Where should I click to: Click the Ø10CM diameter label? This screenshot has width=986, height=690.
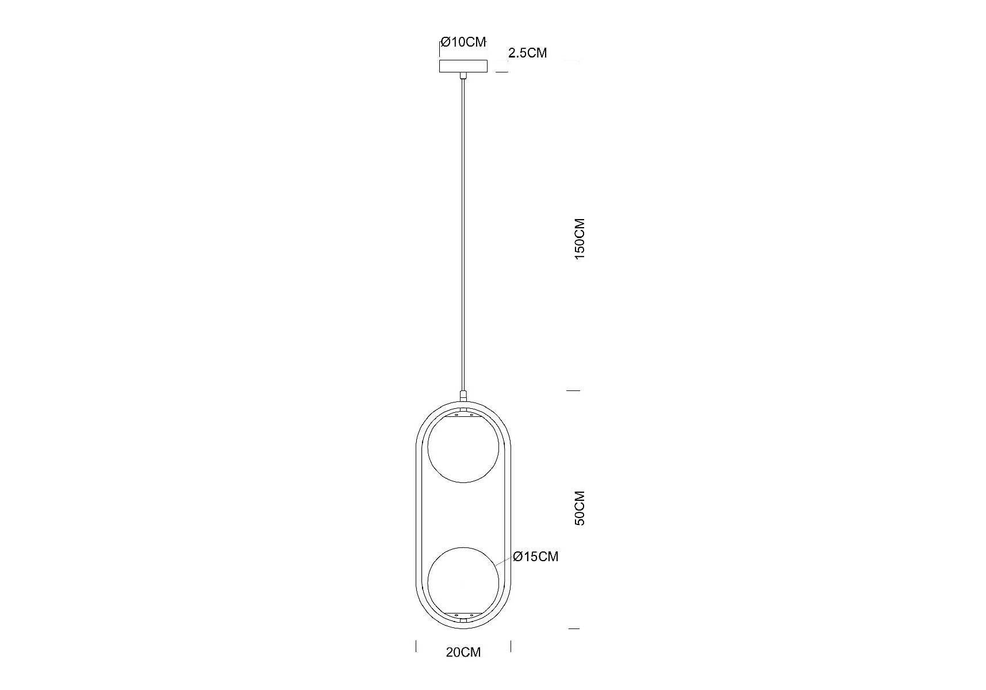click(x=463, y=42)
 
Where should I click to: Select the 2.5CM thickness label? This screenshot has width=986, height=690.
click(x=528, y=53)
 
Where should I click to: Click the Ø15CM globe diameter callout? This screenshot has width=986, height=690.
click(x=536, y=557)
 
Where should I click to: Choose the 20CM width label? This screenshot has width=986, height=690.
click(x=463, y=652)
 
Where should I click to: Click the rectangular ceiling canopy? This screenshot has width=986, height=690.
click(x=463, y=66)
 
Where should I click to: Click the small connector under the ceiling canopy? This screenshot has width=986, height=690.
click(x=463, y=75)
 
